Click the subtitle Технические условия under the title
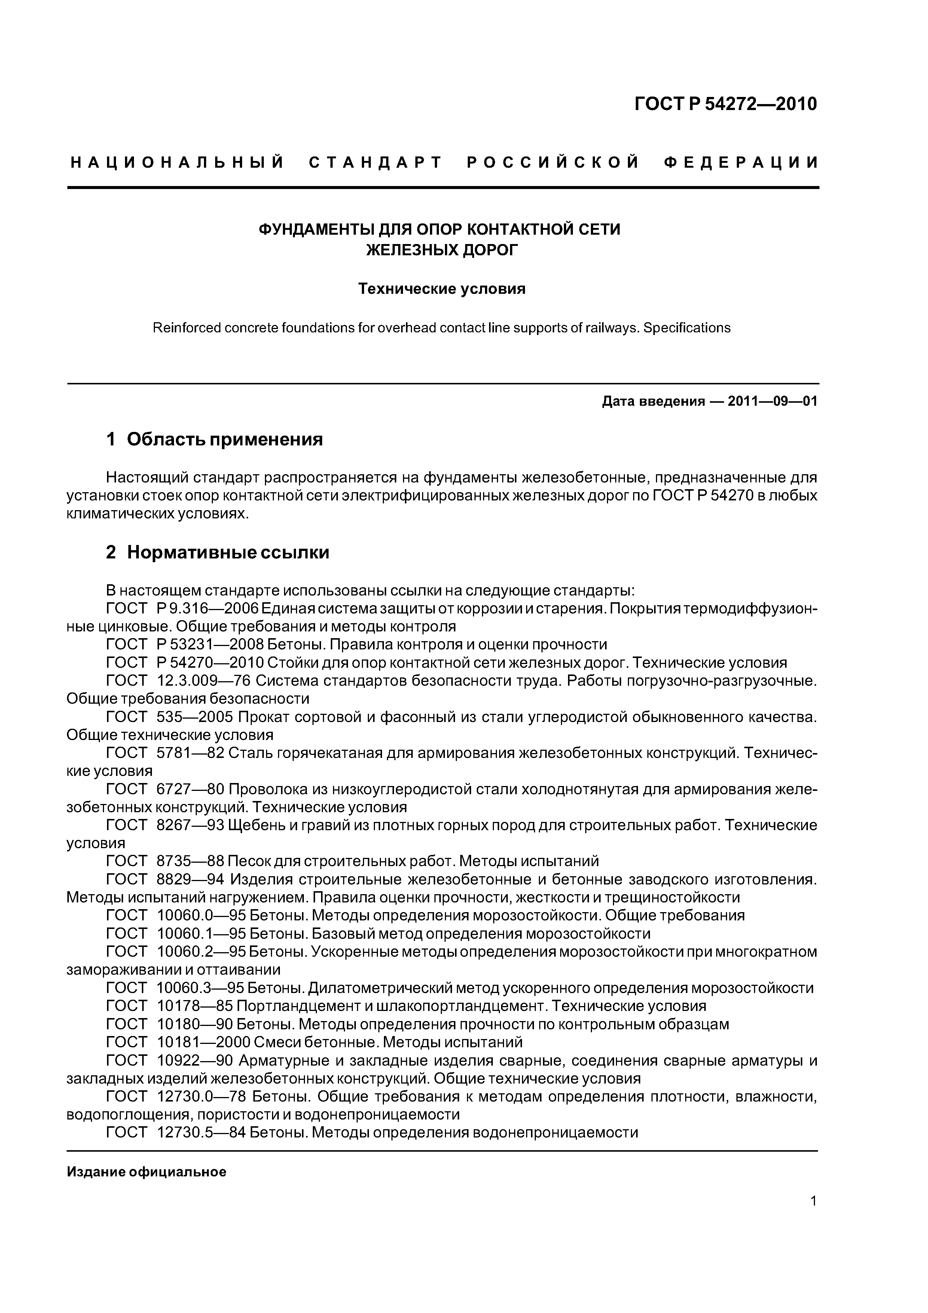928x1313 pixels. coord(442,289)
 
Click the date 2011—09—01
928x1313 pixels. coord(772,402)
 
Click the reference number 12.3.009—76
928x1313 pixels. coord(203,680)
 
